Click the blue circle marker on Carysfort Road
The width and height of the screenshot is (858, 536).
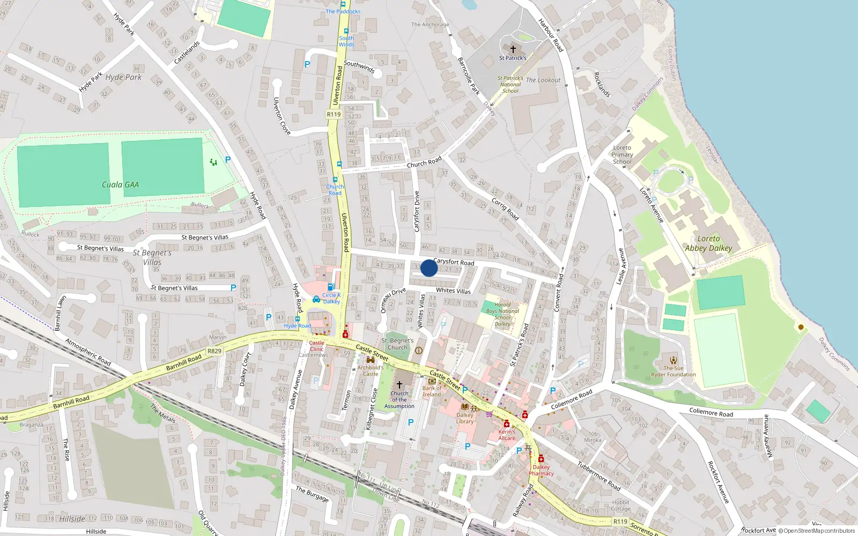pos(429,268)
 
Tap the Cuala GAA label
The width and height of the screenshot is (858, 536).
pos(120,185)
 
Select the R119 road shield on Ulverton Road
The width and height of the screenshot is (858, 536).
pos(334,114)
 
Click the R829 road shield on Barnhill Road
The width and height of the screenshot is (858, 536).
pos(214,351)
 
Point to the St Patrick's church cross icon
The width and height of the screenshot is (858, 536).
pos(513,49)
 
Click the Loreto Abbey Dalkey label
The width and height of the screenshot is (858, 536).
pos(708,243)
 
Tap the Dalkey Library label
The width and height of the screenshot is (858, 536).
pos(465,418)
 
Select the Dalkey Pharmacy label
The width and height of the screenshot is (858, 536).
pos(541,470)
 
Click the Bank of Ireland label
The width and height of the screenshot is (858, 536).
pos(432,391)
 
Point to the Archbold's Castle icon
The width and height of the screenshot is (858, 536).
pos(370,360)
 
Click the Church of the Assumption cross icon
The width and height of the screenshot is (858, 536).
pos(399,385)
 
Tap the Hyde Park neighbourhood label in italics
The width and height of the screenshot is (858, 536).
pos(123,77)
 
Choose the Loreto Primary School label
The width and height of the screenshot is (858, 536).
pos(622,154)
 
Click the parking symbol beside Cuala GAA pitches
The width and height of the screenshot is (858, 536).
pos(228,160)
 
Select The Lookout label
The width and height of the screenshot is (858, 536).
pos(543,80)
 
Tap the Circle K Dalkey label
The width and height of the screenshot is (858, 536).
pos(331,298)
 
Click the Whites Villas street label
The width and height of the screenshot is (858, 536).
pos(453,291)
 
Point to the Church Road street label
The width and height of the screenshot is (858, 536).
pos(424,162)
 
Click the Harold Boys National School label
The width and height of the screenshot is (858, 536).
pos(502,314)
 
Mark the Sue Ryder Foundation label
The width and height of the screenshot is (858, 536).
pos(674,371)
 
